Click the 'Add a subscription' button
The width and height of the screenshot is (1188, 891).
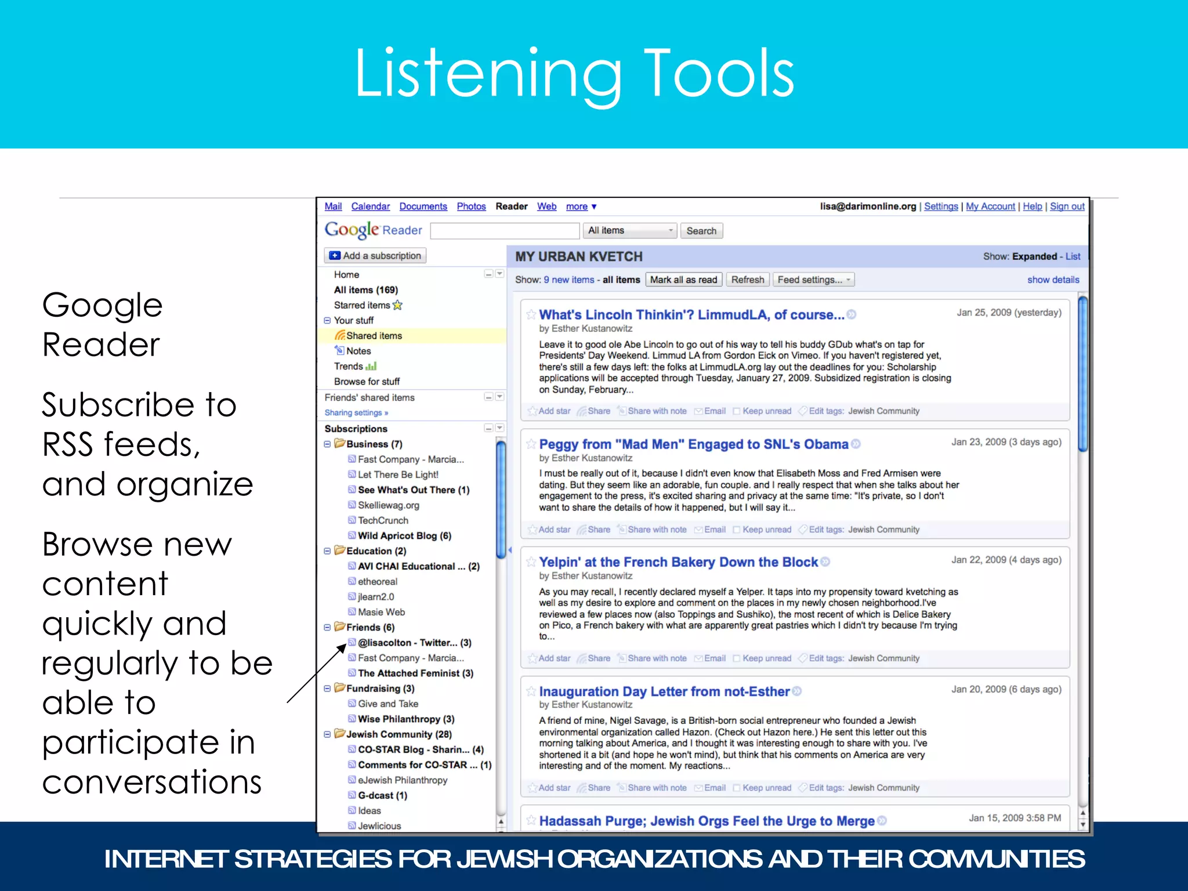(375, 256)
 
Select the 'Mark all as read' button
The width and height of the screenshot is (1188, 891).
(683, 280)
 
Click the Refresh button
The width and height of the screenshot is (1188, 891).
(747, 280)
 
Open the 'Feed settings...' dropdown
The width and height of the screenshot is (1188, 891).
(813, 280)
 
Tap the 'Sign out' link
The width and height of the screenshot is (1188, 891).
(1067, 207)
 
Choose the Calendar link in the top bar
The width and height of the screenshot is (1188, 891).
(370, 207)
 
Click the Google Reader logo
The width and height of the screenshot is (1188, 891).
(373, 230)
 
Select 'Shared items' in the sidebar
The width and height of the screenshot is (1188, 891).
(374, 336)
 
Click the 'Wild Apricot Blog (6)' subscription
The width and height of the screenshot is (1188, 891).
(404, 536)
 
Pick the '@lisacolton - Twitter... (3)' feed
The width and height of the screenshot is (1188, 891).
(414, 643)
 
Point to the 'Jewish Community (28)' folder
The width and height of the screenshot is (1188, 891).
(399, 734)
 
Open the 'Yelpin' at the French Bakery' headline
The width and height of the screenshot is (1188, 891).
(678, 562)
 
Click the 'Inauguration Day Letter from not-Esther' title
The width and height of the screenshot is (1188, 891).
(664, 691)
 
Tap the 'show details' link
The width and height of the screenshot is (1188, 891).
(1053, 280)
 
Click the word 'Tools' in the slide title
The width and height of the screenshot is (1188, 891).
(719, 74)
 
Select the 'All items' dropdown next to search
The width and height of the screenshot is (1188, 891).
(629, 231)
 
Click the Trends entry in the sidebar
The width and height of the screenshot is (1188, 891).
(349, 367)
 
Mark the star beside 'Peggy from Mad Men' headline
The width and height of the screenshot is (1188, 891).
(531, 444)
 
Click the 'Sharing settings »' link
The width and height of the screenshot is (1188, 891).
(356, 413)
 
